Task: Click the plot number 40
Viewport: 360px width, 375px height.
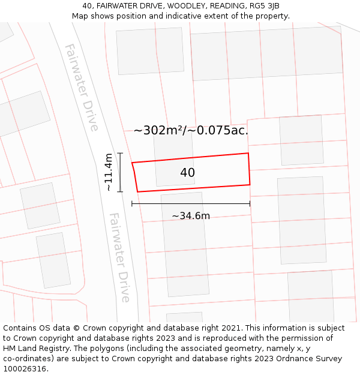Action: pos(187,173)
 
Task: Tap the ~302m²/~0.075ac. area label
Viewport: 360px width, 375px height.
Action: pos(191,130)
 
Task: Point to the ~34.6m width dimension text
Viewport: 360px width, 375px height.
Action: pos(191,216)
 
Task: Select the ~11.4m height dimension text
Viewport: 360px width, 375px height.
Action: pos(109,172)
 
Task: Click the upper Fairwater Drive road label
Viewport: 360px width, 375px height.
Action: pos(81,87)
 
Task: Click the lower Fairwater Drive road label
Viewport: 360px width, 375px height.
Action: pos(119,257)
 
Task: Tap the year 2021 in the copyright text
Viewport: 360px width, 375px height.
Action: pos(232,328)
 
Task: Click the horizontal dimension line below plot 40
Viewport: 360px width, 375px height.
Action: pos(191,204)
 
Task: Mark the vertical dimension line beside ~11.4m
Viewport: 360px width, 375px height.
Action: pos(120,172)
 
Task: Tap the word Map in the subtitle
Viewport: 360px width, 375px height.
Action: pos(80,16)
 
